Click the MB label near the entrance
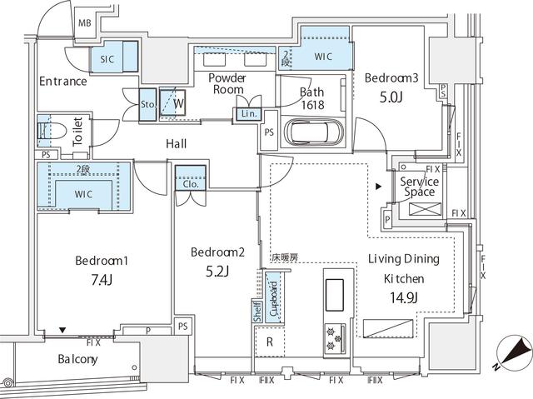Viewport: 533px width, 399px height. click(x=84, y=22)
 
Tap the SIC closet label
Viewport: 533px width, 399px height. click(x=107, y=60)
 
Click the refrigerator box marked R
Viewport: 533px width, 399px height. click(x=268, y=342)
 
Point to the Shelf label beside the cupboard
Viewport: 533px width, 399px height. click(x=257, y=311)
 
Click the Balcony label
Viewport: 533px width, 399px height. click(x=77, y=360)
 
